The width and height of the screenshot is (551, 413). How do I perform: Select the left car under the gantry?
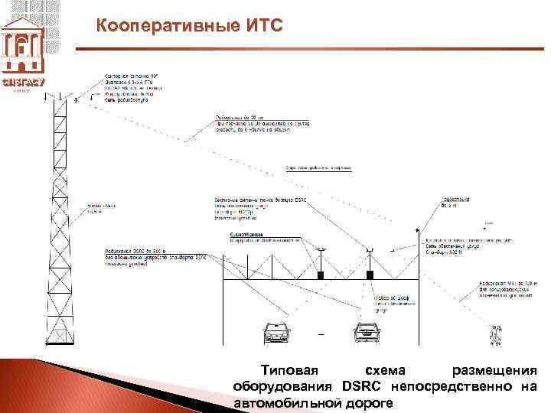click(277, 331)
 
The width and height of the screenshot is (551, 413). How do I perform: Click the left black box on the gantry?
click(321, 274)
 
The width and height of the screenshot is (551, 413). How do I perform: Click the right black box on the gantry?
click(370, 274)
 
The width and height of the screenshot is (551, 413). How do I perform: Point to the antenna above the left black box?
click(321, 252)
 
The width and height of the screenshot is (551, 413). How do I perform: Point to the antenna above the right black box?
click(370, 250)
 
